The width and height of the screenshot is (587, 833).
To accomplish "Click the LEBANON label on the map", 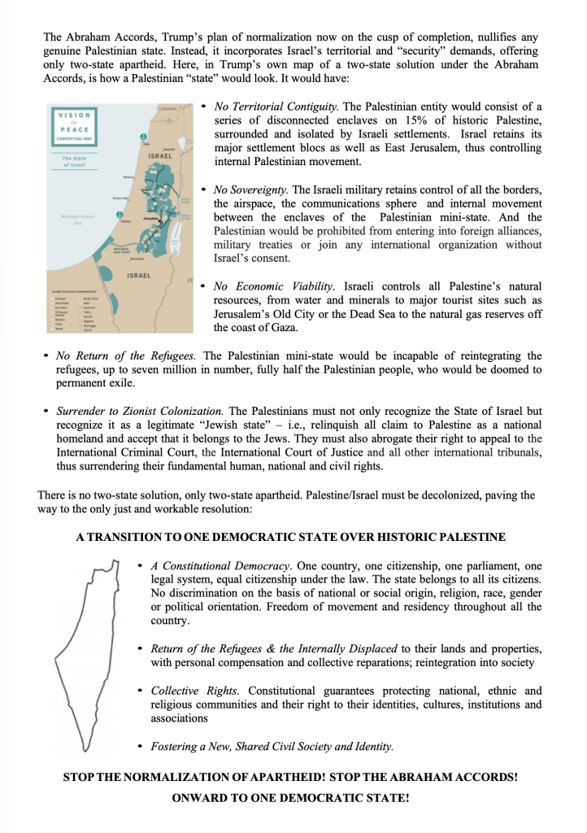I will tap(167, 108).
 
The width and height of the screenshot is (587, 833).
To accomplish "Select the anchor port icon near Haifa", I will tap(143, 137).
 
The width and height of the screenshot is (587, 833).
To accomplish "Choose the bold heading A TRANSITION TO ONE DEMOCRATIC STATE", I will tap(291, 537).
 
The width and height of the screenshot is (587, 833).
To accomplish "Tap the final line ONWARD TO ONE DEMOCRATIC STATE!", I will tap(290, 798).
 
